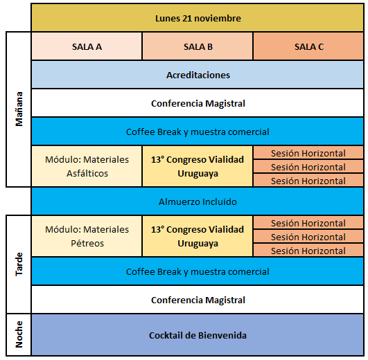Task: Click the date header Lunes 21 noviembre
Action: [198, 18]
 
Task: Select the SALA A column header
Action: [87, 46]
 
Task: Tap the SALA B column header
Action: [198, 46]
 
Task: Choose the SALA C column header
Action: [308, 46]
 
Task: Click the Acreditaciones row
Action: [198, 75]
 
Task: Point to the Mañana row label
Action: [19, 109]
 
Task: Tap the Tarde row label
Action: [19, 264]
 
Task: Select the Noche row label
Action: [19, 334]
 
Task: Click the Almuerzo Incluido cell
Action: [198, 201]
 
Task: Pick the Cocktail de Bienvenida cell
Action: [198, 335]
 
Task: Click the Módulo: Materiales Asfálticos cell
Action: [87, 166]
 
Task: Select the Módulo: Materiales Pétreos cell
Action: [87, 236]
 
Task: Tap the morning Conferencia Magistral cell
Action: [198, 103]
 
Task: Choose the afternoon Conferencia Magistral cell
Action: [198, 300]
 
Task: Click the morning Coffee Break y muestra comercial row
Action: [198, 132]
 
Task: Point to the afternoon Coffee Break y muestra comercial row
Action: [198, 271]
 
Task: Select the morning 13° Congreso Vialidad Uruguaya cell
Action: [198, 166]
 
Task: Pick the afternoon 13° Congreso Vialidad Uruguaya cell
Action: [198, 236]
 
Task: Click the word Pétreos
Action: [87, 243]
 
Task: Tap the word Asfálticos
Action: [87, 174]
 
